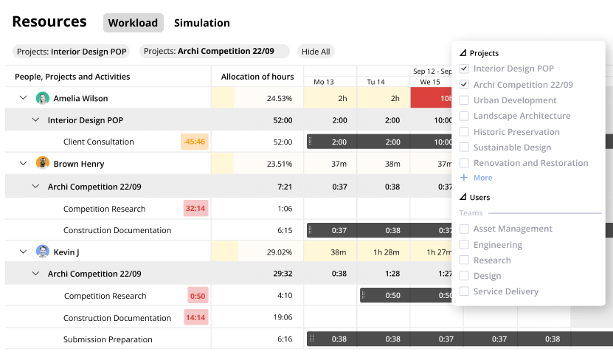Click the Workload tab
tap(133, 23)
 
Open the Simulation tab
tap(201, 23)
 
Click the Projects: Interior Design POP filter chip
tap(71, 52)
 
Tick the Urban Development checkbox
tap(464, 100)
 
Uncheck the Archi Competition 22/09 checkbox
tap(464, 85)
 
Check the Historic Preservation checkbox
tap(464, 132)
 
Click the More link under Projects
tap(482, 178)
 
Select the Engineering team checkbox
tap(464, 245)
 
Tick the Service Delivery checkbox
tap(464, 291)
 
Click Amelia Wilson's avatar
tap(43, 98)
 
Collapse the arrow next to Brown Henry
tap(23, 164)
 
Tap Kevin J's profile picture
tap(43, 252)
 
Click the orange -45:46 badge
tap(195, 142)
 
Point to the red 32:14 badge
tap(195, 209)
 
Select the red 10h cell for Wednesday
tap(435, 98)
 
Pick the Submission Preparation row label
tap(108, 339)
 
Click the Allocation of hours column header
tap(257, 77)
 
